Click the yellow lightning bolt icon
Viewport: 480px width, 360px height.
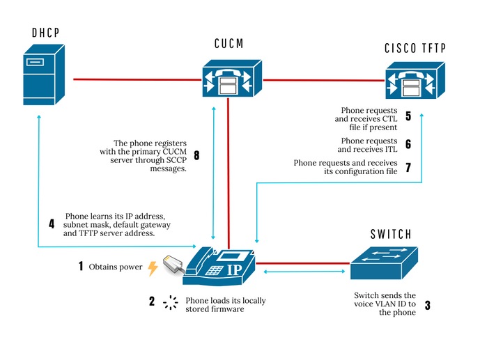(x=153, y=267)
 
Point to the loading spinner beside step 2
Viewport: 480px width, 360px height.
(x=169, y=303)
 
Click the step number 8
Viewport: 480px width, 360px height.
(x=196, y=156)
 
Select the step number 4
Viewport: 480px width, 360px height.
(x=52, y=225)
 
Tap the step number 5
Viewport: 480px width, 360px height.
(x=408, y=116)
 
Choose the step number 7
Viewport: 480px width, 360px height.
(x=408, y=167)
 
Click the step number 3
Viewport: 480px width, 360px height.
(x=427, y=305)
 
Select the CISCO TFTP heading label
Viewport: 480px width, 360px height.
(x=415, y=48)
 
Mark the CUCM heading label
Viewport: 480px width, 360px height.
(x=231, y=44)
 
